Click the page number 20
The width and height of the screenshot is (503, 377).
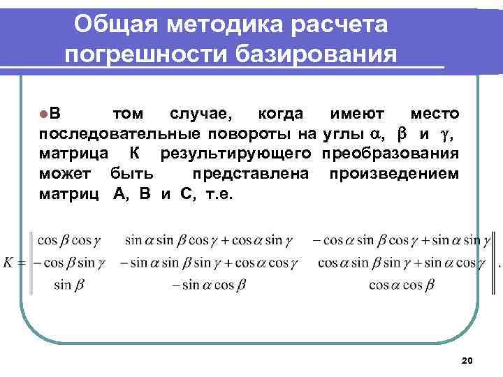467,360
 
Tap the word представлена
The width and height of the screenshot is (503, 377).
251,172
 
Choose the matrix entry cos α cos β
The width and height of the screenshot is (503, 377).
402,285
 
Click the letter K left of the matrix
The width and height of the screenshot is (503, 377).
8,263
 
